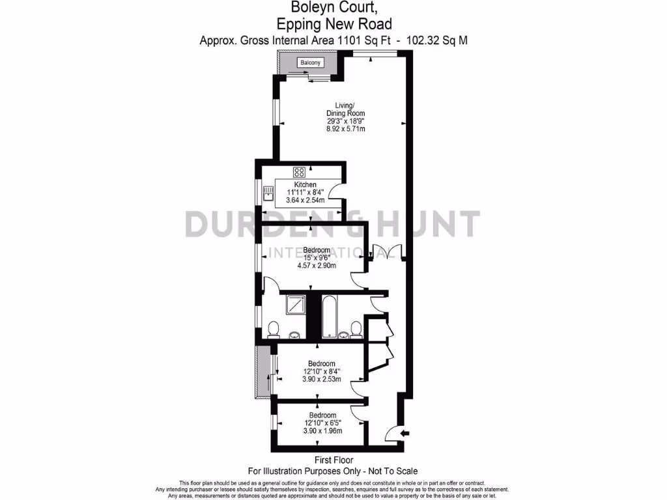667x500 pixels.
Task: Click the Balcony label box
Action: pyautogui.click(x=310, y=62)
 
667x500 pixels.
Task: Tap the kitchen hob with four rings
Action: pyautogui.click(x=300, y=173)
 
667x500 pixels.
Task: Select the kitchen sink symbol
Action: pyautogui.click(x=268, y=193)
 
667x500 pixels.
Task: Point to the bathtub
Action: pyautogui.click(x=330, y=317)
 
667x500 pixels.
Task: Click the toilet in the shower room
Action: pyautogui.click(x=274, y=329)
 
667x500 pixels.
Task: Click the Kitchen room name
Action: pyautogui.click(x=305, y=184)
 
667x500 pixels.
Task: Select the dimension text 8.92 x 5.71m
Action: pyautogui.click(x=346, y=129)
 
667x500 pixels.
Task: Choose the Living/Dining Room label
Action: pyautogui.click(x=345, y=109)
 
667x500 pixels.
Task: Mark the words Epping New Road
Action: pyautogui.click(x=334, y=23)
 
